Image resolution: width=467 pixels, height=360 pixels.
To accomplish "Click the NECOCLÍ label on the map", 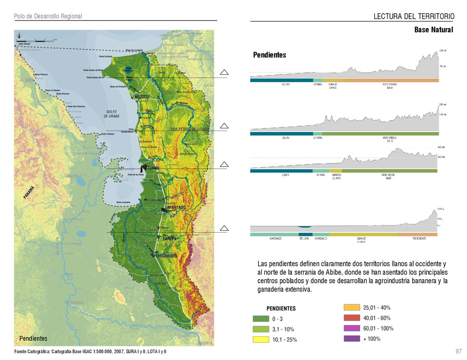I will (142, 97).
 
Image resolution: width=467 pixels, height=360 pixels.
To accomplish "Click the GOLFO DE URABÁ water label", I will (112, 114).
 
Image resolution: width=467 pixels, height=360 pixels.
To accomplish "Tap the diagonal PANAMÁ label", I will (29, 192).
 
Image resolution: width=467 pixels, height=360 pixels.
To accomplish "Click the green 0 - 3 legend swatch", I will (261, 319).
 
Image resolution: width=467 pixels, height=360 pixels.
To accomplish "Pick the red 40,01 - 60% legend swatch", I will (352, 318).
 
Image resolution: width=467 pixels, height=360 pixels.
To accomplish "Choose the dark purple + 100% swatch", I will (352, 339).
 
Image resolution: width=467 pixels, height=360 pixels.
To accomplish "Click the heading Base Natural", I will (433, 30).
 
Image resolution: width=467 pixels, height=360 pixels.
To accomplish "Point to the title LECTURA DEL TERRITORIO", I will (414, 17).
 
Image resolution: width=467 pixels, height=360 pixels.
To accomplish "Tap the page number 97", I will (458, 351).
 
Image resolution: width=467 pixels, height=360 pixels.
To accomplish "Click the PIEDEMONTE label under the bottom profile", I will (419, 238).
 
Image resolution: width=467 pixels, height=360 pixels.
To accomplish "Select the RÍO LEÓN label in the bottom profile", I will (304, 238).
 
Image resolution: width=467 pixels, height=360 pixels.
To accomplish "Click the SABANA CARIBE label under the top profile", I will (333, 86).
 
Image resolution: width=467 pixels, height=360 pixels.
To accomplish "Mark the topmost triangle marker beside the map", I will (223, 72).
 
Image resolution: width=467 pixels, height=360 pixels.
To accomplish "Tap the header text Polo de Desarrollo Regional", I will (48, 16).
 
